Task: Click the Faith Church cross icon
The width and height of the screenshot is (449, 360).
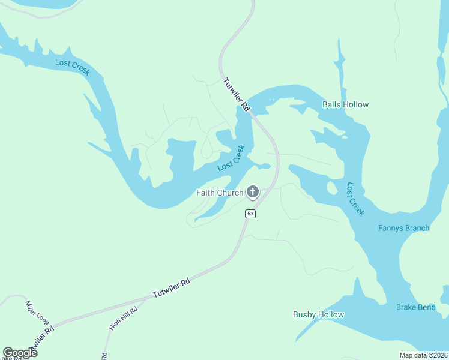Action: point(253,193)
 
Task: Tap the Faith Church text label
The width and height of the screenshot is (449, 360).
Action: point(220,193)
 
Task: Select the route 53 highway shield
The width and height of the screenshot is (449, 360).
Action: point(250,214)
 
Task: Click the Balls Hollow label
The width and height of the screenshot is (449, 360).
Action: point(345,104)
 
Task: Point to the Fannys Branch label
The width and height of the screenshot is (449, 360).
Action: point(403,228)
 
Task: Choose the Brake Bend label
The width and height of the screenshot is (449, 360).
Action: point(415,307)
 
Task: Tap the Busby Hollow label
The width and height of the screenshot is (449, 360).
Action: point(318,314)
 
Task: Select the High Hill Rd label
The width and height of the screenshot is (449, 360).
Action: point(124,319)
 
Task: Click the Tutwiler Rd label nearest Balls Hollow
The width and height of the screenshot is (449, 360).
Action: point(236,94)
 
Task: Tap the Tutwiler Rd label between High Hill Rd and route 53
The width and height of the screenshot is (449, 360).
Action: point(171,288)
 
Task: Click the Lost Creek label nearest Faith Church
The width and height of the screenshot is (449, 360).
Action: point(231,158)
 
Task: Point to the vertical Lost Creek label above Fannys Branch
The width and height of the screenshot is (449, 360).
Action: point(355,199)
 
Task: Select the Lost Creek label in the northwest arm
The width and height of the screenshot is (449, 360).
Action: point(72,67)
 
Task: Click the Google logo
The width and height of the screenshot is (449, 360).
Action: point(20,352)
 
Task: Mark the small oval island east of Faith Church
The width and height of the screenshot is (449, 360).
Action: point(331,188)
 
